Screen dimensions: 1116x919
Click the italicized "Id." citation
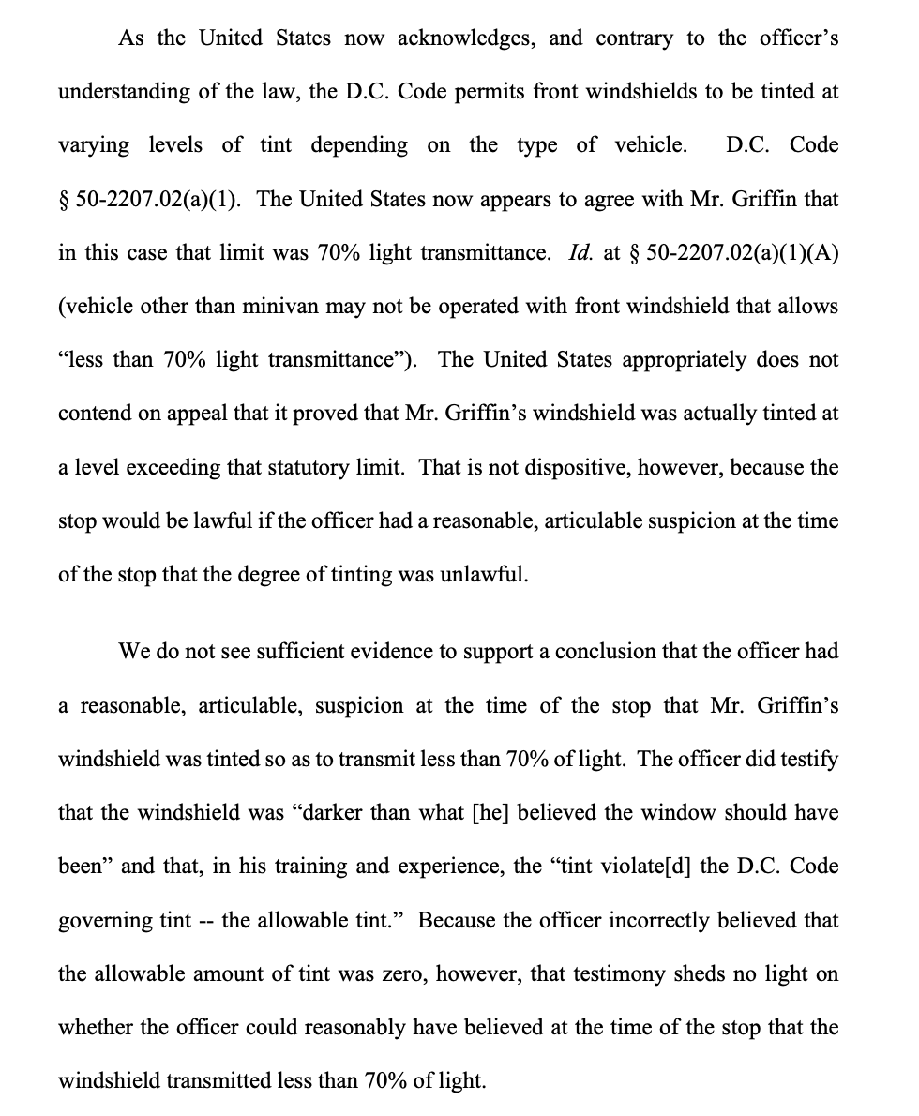[x=580, y=253]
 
